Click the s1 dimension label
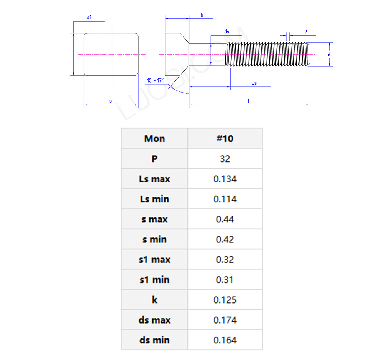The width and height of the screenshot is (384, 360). [x=89, y=17]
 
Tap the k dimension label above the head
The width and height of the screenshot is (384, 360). [x=202, y=15]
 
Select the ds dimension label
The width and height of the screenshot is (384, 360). [x=227, y=32]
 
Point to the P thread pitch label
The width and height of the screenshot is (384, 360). [x=306, y=32]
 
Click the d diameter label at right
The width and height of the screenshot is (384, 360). [x=329, y=55]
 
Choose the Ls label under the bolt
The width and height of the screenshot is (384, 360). [x=253, y=83]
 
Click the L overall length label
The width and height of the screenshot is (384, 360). [x=249, y=101]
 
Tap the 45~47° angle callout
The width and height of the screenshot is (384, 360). [x=155, y=80]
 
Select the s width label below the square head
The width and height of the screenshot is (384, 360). [x=111, y=101]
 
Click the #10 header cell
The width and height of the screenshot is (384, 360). [x=225, y=138]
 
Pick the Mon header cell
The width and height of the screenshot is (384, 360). [x=154, y=138]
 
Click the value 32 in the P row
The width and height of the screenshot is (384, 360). [x=225, y=159]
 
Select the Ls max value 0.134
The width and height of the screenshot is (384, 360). [x=225, y=179]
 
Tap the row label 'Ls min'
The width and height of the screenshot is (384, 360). [x=154, y=199]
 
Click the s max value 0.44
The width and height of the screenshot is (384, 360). [x=225, y=219]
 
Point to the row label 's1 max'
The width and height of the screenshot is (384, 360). [x=154, y=260]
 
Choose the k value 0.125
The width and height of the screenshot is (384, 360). [x=225, y=300]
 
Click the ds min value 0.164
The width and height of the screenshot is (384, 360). [x=225, y=340]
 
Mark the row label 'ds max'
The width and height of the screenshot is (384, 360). [x=154, y=320]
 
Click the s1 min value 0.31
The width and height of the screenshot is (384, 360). [x=225, y=280]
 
